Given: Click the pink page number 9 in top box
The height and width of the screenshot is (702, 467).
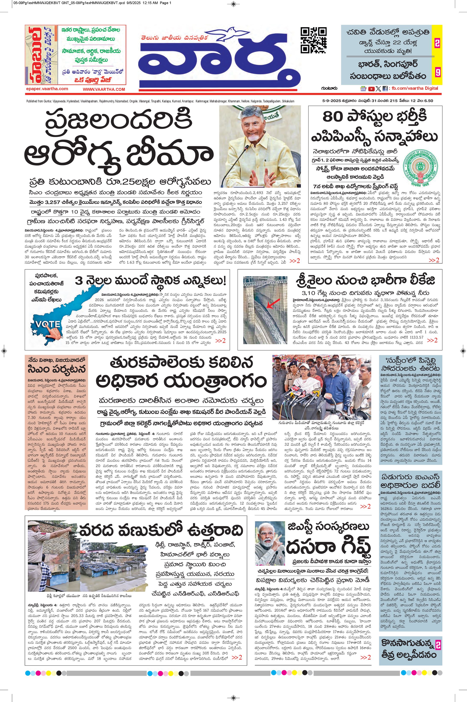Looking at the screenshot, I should (x=437, y=72).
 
